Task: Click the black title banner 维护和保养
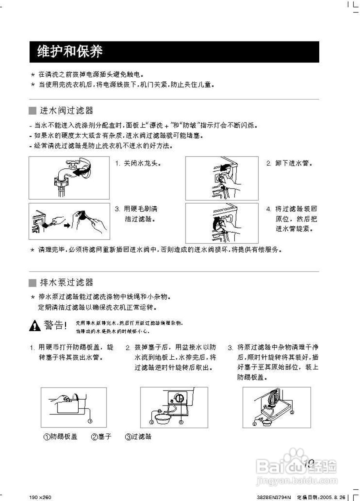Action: pos(174,52)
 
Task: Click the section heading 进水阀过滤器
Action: pos(67,111)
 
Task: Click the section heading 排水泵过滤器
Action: pos(67,282)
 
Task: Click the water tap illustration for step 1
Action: pos(69,178)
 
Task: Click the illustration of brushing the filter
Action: pos(69,221)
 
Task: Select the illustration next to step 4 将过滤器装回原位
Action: pos(221,223)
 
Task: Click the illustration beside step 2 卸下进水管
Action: pos(221,178)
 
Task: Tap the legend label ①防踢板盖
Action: pos(60,436)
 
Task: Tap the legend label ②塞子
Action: pos(101,436)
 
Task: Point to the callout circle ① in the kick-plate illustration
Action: pos(90,421)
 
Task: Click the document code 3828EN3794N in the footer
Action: pos(274,497)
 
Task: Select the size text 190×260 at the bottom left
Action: pos(40,497)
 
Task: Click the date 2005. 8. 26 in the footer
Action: pos(333,497)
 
